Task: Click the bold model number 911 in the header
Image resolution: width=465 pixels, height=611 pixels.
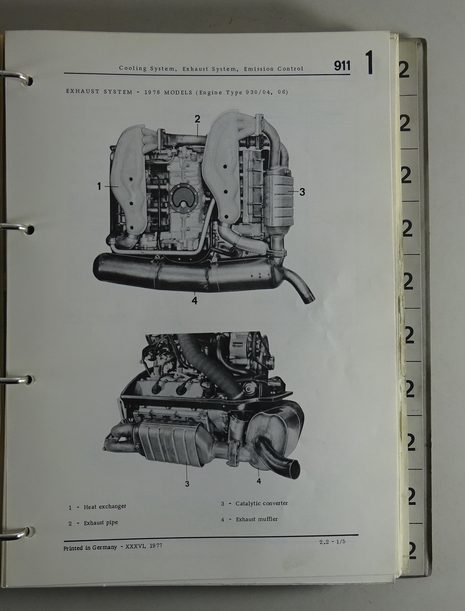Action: pos(342,66)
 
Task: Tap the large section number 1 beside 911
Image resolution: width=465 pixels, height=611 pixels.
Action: pos(369,63)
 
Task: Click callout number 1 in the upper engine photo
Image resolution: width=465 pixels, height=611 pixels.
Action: pos(99,186)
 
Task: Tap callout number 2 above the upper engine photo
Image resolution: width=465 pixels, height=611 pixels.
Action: pos(198,119)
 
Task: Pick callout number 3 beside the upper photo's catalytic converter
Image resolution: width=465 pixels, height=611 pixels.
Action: pos(302,192)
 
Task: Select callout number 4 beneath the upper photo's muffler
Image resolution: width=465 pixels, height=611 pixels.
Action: pos(194,300)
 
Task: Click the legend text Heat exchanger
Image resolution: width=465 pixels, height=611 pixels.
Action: pos(105,507)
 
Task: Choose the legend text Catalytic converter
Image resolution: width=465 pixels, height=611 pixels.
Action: pos(262,503)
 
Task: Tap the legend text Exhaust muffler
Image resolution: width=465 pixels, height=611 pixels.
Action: pos(257,519)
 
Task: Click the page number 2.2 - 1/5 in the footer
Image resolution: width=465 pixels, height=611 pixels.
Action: pos(332,542)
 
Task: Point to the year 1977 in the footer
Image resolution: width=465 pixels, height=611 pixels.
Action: pos(156,546)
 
